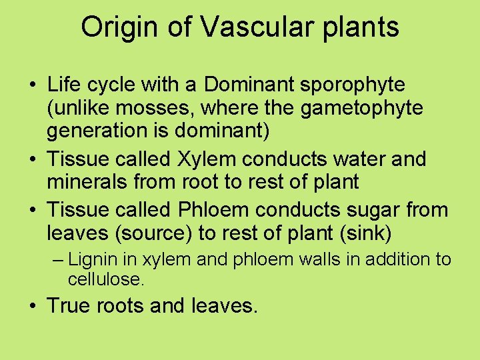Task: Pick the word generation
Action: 97,130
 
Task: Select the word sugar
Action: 382,211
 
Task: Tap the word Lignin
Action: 91,259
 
